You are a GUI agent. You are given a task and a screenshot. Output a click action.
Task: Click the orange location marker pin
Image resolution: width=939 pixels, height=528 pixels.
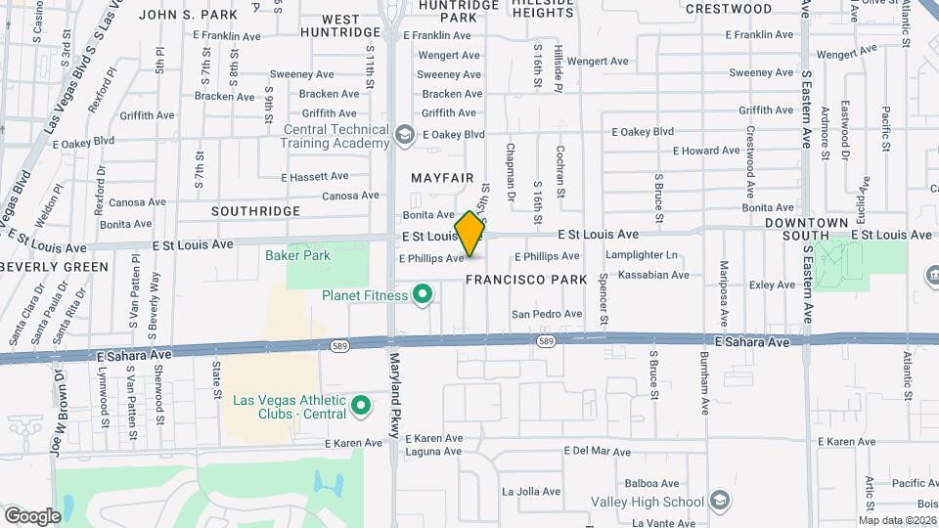click(x=469, y=233)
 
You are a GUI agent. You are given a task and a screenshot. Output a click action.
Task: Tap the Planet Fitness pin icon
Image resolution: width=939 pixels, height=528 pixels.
click(x=423, y=294)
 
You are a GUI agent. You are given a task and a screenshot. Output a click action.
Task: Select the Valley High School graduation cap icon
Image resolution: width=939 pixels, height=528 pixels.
click(x=720, y=502)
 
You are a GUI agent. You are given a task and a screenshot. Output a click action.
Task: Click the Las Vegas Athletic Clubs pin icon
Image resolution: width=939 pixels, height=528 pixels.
click(x=361, y=404)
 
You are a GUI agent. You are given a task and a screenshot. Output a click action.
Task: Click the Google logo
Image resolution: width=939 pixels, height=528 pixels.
click(x=32, y=515)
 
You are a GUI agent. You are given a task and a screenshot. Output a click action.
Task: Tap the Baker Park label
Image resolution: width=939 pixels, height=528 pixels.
click(x=297, y=256)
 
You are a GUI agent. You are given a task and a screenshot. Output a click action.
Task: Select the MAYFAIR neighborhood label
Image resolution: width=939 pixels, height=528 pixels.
click(x=442, y=178)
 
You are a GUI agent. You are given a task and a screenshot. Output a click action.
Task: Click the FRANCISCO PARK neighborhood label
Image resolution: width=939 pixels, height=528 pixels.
click(x=525, y=280)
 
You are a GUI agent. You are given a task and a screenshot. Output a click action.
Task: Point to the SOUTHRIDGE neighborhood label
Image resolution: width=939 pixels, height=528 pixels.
click(x=256, y=211)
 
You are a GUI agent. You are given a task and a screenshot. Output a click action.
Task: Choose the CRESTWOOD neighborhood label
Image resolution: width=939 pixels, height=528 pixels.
click(x=729, y=9)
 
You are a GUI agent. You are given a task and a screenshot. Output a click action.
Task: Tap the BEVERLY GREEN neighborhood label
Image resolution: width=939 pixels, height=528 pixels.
click(x=55, y=267)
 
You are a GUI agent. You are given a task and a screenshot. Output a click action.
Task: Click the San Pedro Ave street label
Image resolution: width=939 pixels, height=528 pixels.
click(x=547, y=314)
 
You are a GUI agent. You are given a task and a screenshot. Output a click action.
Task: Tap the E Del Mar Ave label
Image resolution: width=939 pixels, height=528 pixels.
click(x=598, y=452)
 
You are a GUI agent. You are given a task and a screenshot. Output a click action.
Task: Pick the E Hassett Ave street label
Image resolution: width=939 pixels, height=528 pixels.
click(x=314, y=177)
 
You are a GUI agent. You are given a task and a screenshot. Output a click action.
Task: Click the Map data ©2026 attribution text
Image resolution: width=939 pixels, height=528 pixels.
click(x=897, y=519)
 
